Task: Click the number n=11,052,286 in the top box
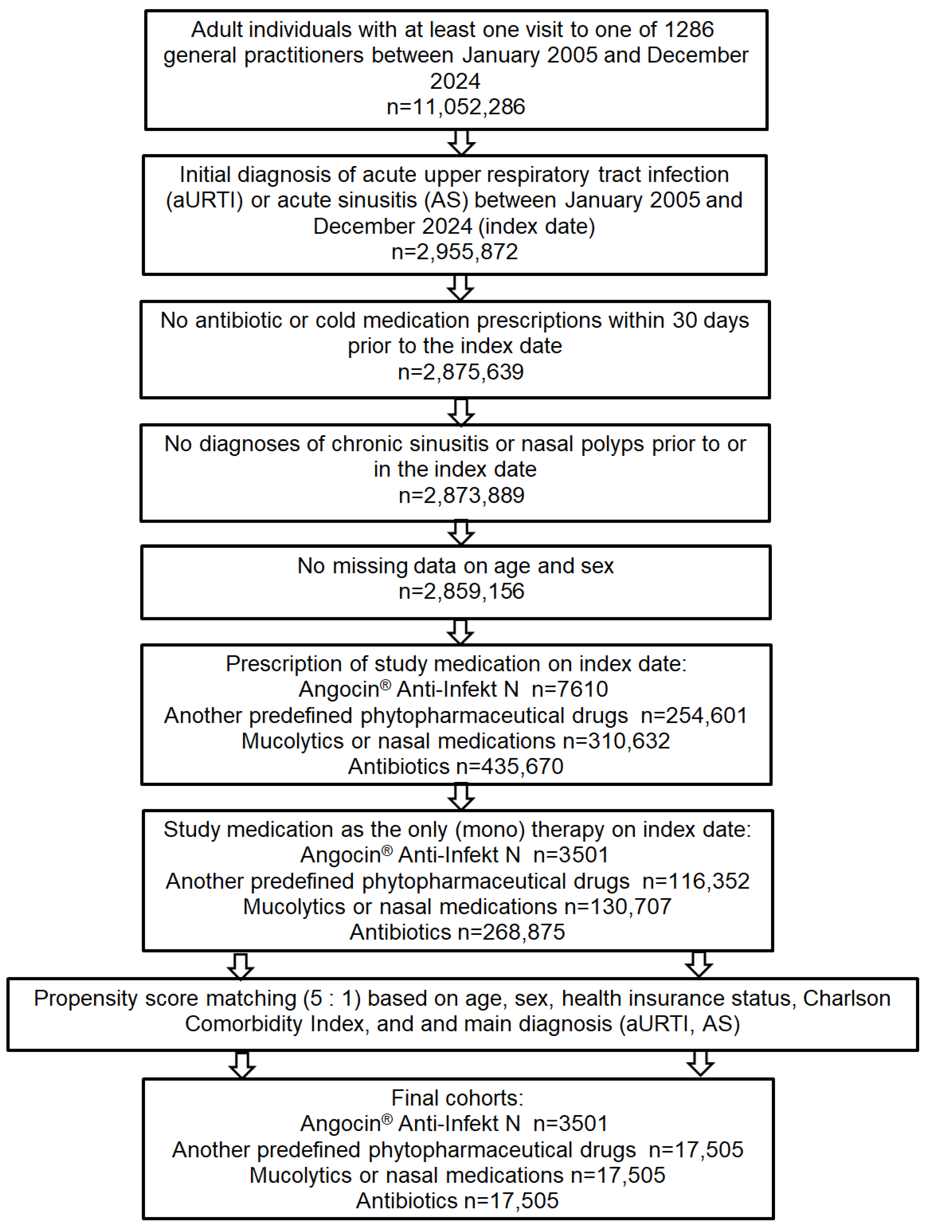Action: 455,107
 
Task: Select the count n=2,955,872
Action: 454,252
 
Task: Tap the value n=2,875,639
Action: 461,372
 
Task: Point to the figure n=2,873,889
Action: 461,495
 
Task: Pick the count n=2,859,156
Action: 461,591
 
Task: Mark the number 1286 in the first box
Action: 689,29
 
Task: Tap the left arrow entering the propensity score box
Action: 241,967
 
